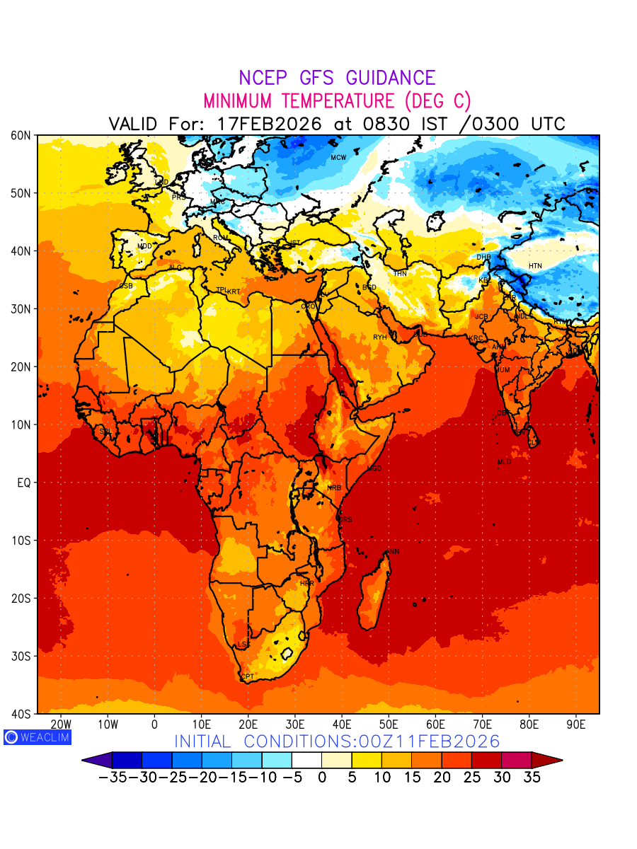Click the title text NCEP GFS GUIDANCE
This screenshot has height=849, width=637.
337,78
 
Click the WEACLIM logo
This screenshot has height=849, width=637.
37,737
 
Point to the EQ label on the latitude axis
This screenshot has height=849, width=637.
23,483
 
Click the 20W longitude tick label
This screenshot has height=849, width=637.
62,724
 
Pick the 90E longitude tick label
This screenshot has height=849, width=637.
576,724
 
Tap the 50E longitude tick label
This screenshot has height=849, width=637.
389,724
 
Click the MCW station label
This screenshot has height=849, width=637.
338,157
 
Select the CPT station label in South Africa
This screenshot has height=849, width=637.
247,677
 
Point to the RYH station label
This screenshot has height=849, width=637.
380,337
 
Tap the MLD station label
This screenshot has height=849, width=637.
504,462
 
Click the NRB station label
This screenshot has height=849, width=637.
334,488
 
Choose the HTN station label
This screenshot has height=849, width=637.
535,266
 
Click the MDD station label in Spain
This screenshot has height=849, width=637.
144,246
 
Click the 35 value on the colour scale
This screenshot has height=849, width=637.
532,777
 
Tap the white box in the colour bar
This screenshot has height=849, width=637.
306,760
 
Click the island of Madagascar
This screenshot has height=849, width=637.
374,594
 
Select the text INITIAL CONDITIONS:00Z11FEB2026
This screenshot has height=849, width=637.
337,741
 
